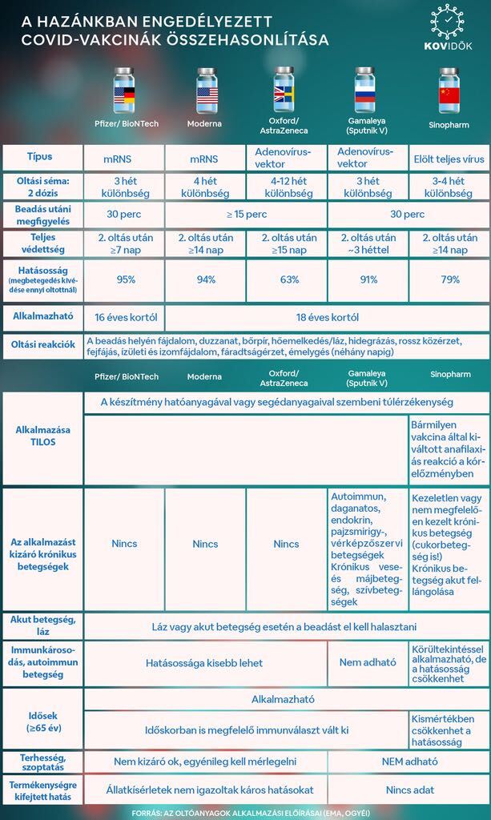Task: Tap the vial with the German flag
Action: (124, 92)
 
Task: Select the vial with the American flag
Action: (207, 92)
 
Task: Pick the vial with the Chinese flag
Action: (449, 92)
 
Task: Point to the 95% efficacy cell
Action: (125, 279)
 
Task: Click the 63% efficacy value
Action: (287, 279)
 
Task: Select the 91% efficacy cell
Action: (368, 279)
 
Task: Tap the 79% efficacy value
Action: (449, 279)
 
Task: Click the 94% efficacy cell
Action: (205, 279)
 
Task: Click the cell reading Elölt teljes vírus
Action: (449, 158)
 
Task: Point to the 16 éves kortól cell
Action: (125, 317)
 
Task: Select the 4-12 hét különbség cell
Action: (287, 187)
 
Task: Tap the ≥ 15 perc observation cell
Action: (246, 215)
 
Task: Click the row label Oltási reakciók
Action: (43, 344)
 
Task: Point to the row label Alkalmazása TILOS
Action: (43, 436)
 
